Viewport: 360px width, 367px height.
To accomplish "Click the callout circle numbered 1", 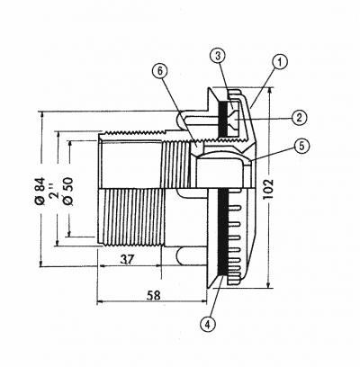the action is click(x=280, y=62).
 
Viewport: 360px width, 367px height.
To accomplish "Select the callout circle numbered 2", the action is click(x=299, y=117).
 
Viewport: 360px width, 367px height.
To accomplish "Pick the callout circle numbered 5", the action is click(x=301, y=146).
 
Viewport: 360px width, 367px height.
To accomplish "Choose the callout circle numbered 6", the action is click(x=160, y=71).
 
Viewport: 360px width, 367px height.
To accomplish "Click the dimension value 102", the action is click(x=269, y=189).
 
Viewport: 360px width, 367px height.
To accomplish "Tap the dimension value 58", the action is click(x=154, y=295).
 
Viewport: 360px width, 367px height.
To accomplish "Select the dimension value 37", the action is click(x=127, y=259).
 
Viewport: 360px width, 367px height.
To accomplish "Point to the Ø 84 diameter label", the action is click(x=40, y=192).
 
